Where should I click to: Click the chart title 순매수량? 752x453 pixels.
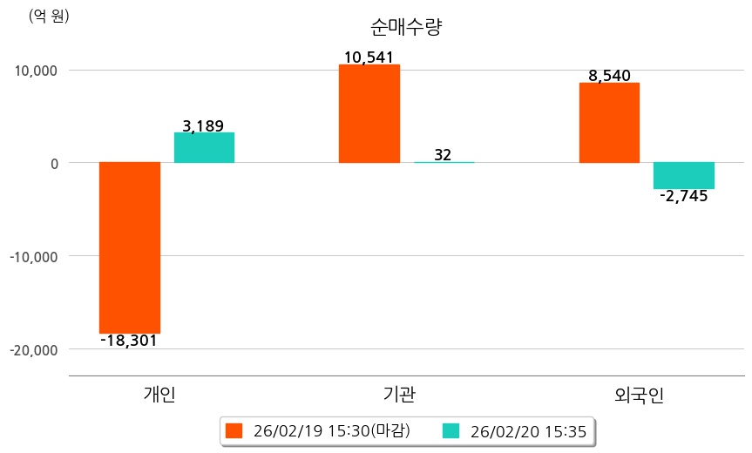click(407, 27)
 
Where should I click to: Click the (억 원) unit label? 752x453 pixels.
click(50, 16)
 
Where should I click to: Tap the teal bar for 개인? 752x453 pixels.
click(204, 147)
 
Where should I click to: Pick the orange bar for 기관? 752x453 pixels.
click(369, 113)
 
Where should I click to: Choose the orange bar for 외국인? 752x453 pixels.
click(609, 123)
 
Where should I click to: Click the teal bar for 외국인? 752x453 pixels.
click(684, 175)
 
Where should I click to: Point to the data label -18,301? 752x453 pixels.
click(129, 341)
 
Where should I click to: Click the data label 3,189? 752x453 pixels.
click(203, 126)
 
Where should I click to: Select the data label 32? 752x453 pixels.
click(443, 155)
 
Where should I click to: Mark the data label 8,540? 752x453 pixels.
click(610, 76)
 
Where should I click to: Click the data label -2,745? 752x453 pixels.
click(683, 196)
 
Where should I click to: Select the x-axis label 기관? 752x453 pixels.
click(399, 395)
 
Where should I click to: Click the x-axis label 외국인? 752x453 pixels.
click(639, 396)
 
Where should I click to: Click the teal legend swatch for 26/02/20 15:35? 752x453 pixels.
click(451, 431)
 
